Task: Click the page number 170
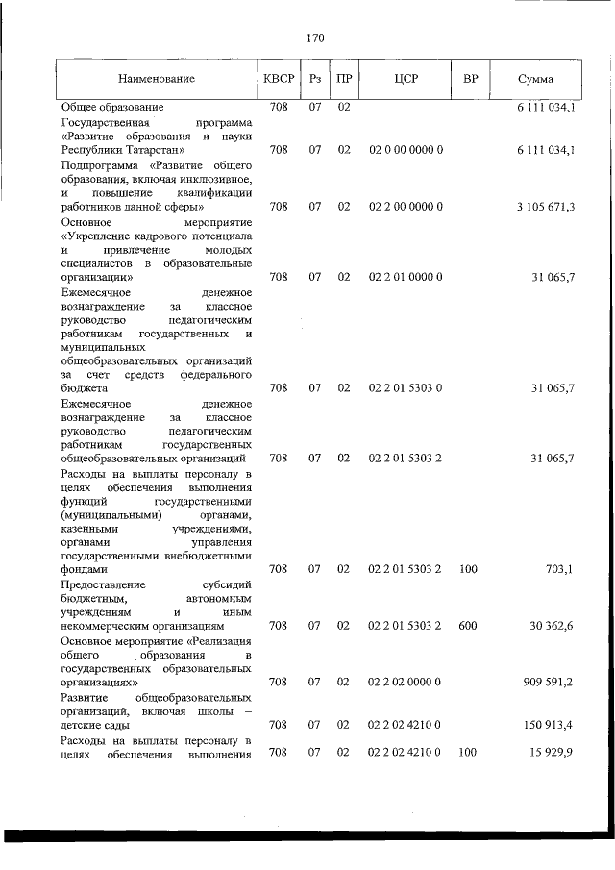pos(315,38)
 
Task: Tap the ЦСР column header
pos(405,78)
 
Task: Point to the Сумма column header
pos(534,78)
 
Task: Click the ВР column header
pos(470,78)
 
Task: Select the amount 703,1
pos(558,570)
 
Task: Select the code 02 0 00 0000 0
pos(405,151)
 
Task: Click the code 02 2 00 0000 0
pos(405,207)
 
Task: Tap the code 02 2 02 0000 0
pos(405,682)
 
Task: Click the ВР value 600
pos(468,626)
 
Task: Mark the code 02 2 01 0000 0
pos(405,277)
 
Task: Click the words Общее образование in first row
pos(112,106)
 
